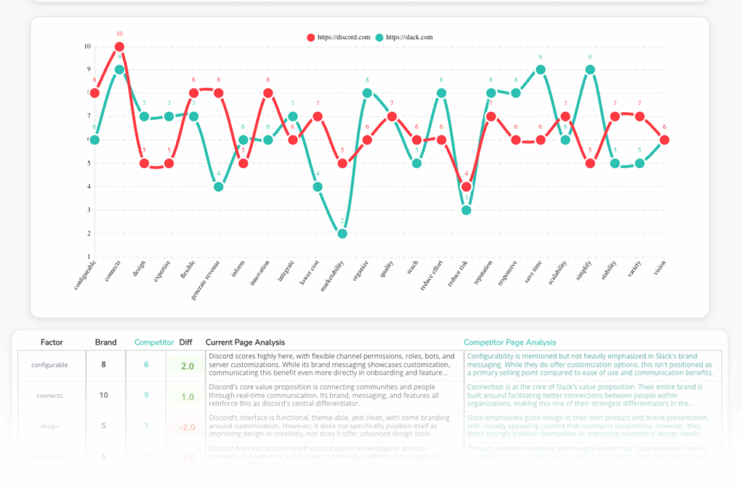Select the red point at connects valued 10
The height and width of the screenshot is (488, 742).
[x=120, y=46]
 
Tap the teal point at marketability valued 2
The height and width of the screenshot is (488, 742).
[x=343, y=233]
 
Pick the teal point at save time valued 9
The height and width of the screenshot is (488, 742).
[x=541, y=70]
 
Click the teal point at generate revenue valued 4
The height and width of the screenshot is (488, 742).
[x=219, y=186]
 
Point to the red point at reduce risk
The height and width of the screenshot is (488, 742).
[x=467, y=186]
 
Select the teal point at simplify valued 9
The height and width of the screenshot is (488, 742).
[x=590, y=70]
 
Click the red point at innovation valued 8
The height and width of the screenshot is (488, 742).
[x=268, y=93]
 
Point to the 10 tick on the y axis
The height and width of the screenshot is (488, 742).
[x=87, y=46]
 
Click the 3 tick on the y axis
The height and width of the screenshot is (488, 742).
[x=88, y=210]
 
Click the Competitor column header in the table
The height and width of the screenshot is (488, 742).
[x=154, y=342]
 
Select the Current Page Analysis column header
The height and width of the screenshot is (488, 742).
[x=245, y=342]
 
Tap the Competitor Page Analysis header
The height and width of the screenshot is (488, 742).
[x=509, y=342]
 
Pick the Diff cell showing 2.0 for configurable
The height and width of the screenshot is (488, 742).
[x=187, y=365]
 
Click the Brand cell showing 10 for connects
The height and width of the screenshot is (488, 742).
[x=104, y=396]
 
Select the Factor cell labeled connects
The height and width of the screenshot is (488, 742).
[x=50, y=396]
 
